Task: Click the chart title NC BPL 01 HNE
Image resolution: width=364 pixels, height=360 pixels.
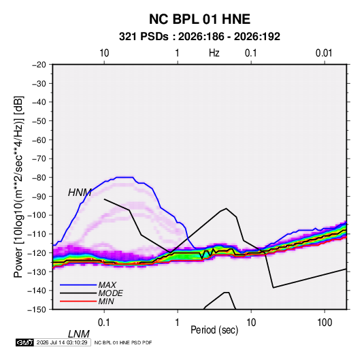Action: [x=199, y=19]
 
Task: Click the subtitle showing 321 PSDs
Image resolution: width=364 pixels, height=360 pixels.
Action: [x=199, y=37]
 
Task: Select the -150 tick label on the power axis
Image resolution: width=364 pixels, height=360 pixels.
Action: [x=37, y=310]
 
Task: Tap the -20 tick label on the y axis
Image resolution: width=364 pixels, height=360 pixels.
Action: [x=38, y=65]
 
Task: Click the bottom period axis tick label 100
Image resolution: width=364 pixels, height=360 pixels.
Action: [x=325, y=323]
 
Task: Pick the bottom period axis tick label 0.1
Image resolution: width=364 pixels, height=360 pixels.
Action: [x=104, y=323]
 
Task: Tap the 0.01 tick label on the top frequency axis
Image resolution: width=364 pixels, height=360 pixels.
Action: [x=324, y=53]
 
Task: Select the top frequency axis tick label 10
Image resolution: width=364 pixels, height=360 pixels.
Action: [x=104, y=53]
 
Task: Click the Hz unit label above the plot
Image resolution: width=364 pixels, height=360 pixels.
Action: [x=214, y=53]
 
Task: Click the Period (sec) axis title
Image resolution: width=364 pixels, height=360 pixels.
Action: [x=214, y=330]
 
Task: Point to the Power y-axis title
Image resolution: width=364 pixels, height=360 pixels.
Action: [x=18, y=186]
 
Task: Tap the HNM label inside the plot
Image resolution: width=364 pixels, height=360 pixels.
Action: [x=80, y=193]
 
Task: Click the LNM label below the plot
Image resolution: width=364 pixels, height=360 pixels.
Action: [x=78, y=334]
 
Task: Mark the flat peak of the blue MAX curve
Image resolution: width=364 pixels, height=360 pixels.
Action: [x=125, y=177]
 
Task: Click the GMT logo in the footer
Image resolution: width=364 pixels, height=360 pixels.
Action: [x=25, y=342]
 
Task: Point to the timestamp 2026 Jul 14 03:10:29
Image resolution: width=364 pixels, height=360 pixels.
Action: [x=62, y=342]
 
